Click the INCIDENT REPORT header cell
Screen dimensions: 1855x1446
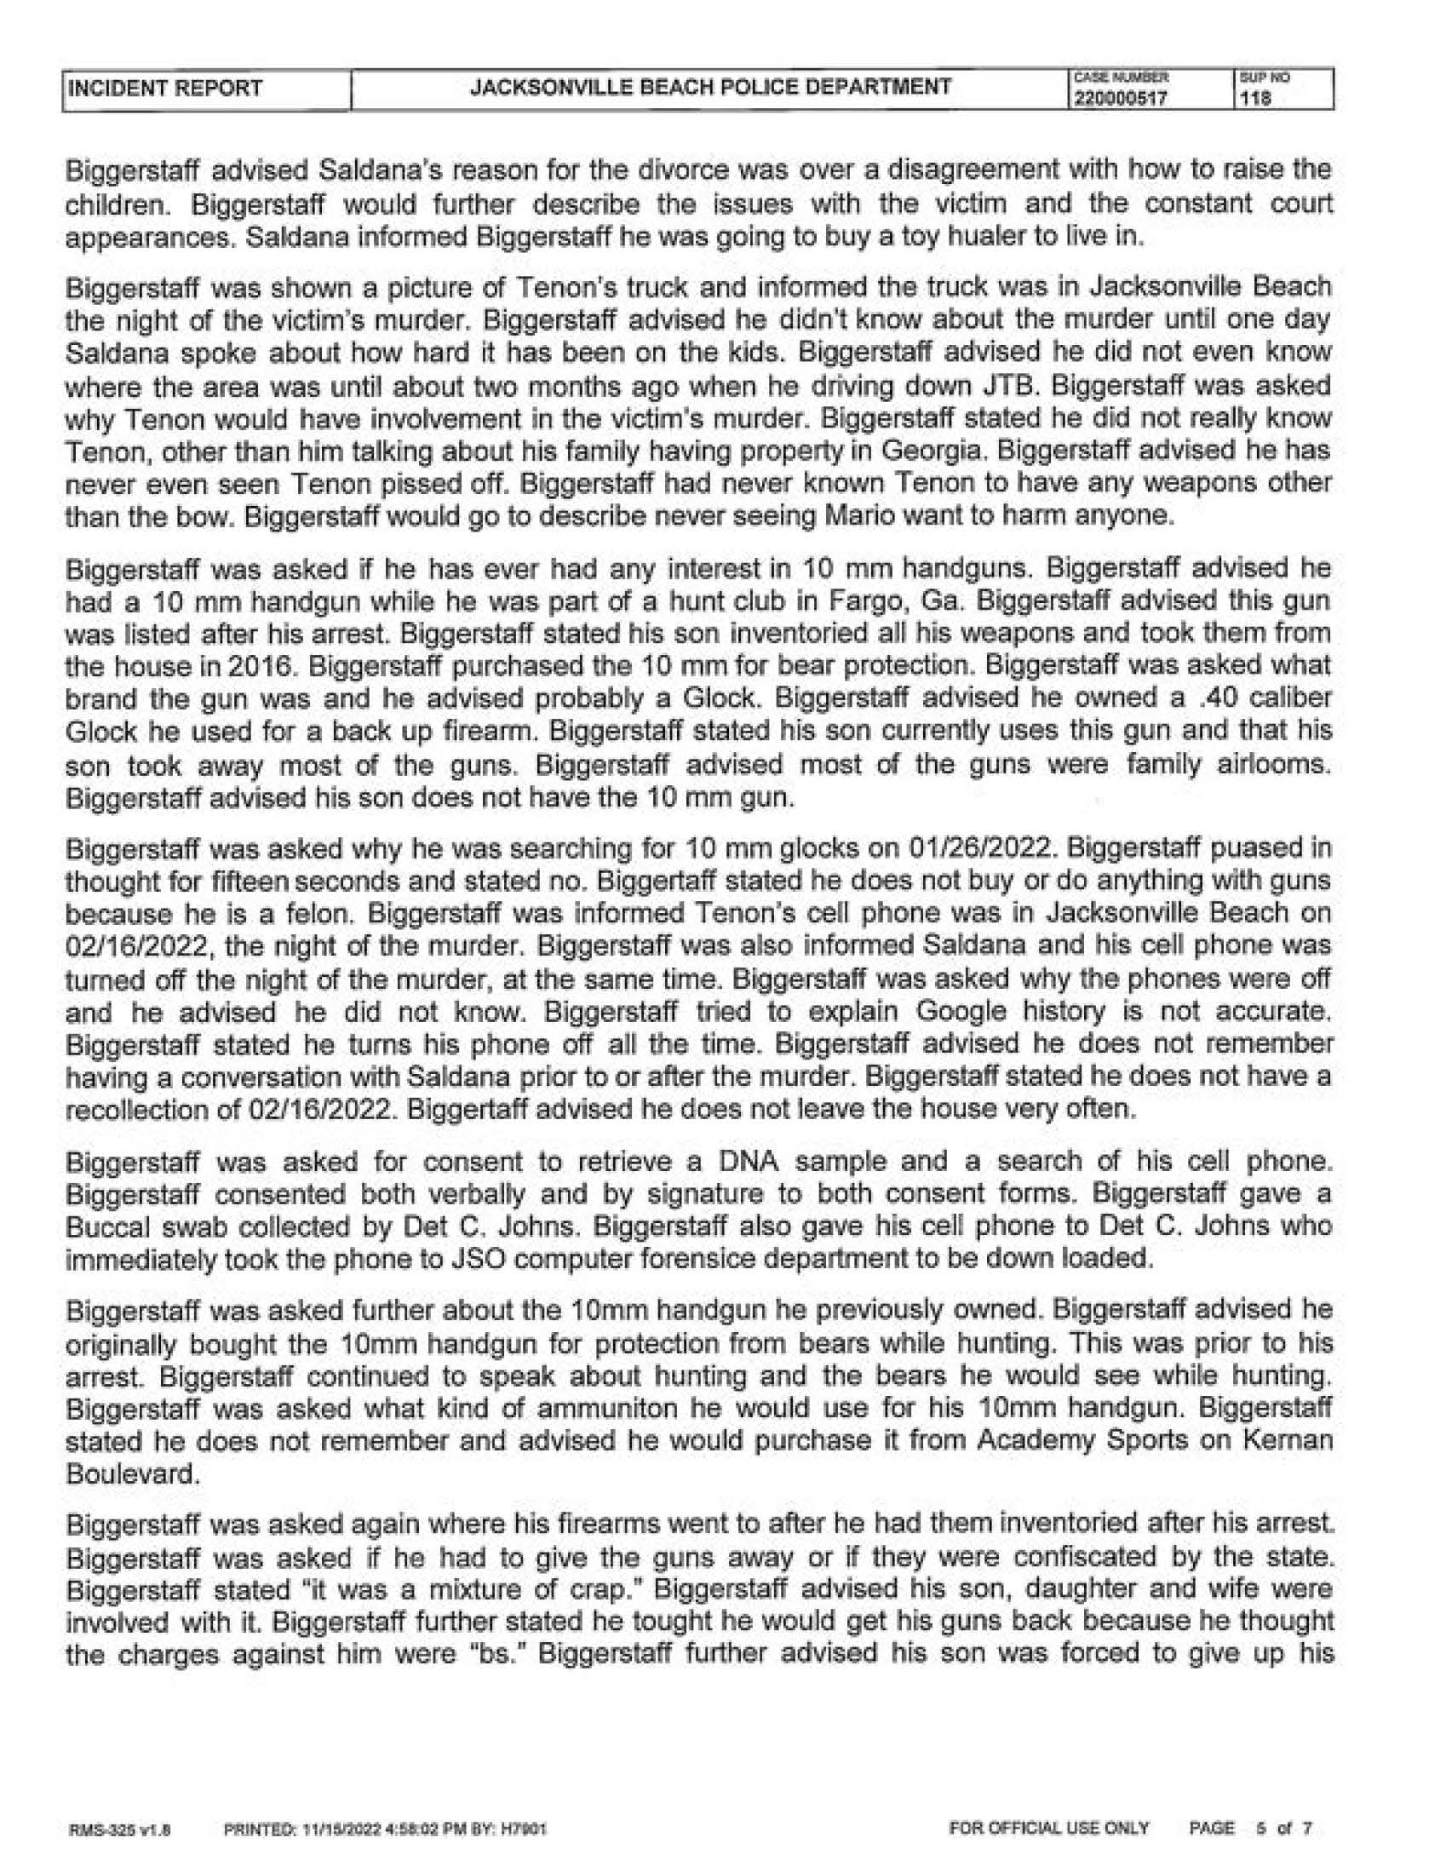coord(164,89)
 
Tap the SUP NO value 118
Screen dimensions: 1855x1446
coord(1255,98)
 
